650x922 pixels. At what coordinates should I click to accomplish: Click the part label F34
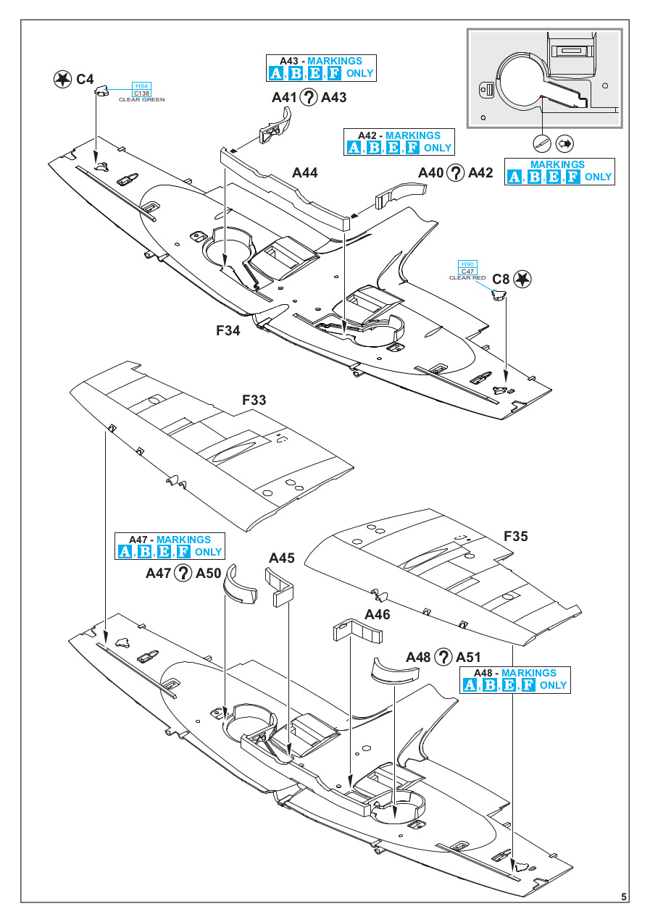[x=228, y=330]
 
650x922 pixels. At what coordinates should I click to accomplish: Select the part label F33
[x=254, y=400]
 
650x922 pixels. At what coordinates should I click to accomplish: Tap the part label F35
[x=516, y=537]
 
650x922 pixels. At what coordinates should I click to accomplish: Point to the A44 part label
[x=305, y=173]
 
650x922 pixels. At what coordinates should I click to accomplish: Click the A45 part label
[x=282, y=558]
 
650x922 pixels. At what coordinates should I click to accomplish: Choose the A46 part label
[x=378, y=614]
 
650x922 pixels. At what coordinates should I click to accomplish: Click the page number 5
[x=625, y=897]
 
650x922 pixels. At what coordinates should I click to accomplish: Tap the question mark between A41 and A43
[x=309, y=97]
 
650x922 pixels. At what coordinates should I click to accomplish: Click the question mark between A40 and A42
[x=455, y=172]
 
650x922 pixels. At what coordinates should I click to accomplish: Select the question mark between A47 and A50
[x=183, y=574]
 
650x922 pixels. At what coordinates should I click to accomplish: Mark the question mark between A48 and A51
[x=443, y=657]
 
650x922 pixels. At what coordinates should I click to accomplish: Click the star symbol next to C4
[x=63, y=79]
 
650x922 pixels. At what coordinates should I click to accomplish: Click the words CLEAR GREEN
[x=142, y=99]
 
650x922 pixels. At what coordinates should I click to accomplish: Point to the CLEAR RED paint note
[x=467, y=278]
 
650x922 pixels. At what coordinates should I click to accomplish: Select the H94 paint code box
[x=142, y=86]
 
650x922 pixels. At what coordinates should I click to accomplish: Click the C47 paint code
[x=467, y=272]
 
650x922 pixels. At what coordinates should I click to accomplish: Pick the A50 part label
[x=208, y=574]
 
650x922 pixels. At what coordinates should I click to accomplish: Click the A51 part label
[x=469, y=657]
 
